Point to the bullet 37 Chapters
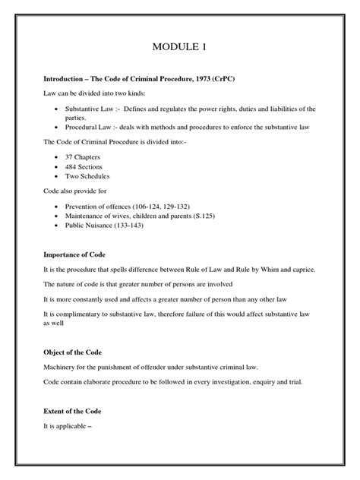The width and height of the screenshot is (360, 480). tap(83, 158)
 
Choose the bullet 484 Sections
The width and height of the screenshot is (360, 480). tap(83, 167)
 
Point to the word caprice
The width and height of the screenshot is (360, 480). tap(293, 271)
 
